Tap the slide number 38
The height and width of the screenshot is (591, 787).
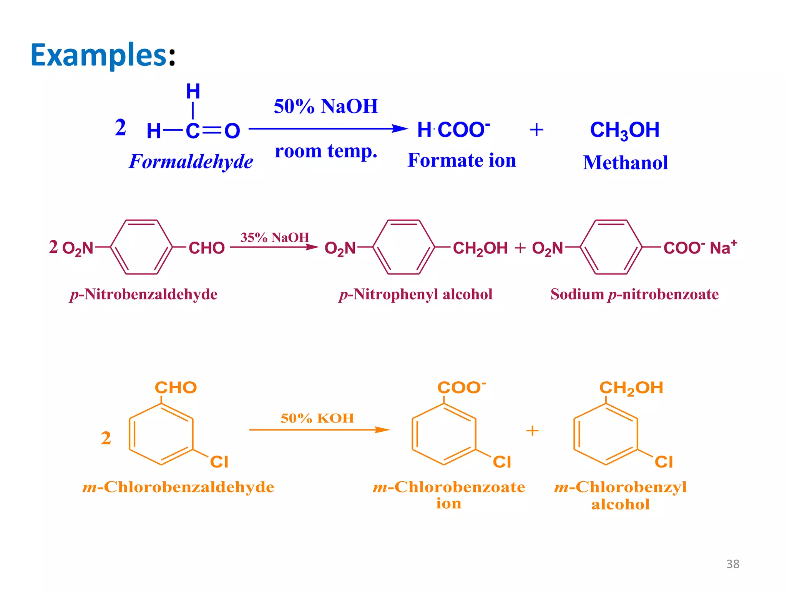point(732,564)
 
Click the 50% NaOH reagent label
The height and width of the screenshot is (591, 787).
point(326,106)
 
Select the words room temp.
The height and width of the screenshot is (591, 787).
point(326,151)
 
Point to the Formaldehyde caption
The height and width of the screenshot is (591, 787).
point(191,162)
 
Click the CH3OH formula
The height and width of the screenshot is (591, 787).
point(624,130)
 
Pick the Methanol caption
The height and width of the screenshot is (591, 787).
point(625,162)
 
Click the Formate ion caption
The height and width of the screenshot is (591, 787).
point(462,160)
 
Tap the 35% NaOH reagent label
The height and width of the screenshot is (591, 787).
point(274,237)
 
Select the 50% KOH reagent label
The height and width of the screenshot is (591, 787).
point(317,418)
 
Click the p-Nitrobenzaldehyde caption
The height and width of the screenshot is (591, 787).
point(144,294)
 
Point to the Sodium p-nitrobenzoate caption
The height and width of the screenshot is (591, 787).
point(634,294)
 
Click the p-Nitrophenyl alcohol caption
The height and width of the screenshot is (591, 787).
point(415,294)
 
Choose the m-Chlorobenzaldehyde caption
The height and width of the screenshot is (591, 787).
point(178,487)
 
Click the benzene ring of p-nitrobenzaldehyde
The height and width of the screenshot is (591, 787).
point(141,247)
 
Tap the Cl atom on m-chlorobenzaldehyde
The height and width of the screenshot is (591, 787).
point(219,462)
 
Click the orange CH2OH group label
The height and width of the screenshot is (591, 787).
point(631,388)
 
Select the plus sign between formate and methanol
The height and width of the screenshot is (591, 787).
point(536,130)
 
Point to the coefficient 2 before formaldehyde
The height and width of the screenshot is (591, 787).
point(120,127)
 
